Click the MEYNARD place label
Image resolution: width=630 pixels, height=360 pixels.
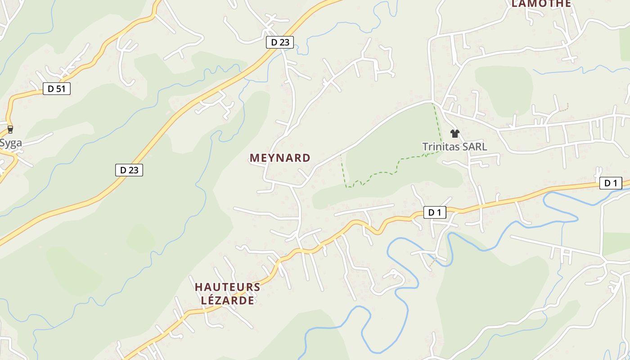pyautogui.click(x=280, y=158)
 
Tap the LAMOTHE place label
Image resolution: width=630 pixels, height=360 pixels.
pyautogui.click(x=541, y=4)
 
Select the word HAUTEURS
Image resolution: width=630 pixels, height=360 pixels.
pyautogui.click(x=227, y=287)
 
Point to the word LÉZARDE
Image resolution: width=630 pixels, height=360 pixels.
pyautogui.click(x=227, y=300)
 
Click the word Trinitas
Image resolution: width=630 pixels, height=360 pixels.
pyautogui.click(x=439, y=147)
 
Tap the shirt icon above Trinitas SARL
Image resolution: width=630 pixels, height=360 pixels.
pyautogui.click(x=454, y=133)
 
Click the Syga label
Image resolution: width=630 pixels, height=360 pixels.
pyautogui.click(x=11, y=143)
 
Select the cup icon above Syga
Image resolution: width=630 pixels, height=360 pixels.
pyautogui.click(x=10, y=130)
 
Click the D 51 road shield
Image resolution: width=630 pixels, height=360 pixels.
pyautogui.click(x=57, y=89)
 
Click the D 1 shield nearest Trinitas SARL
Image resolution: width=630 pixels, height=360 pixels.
pyautogui.click(x=435, y=212)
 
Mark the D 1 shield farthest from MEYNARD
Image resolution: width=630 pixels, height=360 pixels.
pyautogui.click(x=611, y=183)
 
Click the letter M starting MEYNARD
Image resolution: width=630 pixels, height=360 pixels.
pyautogui.click(x=254, y=158)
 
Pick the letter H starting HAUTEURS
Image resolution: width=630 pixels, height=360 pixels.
pyautogui.click(x=198, y=287)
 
